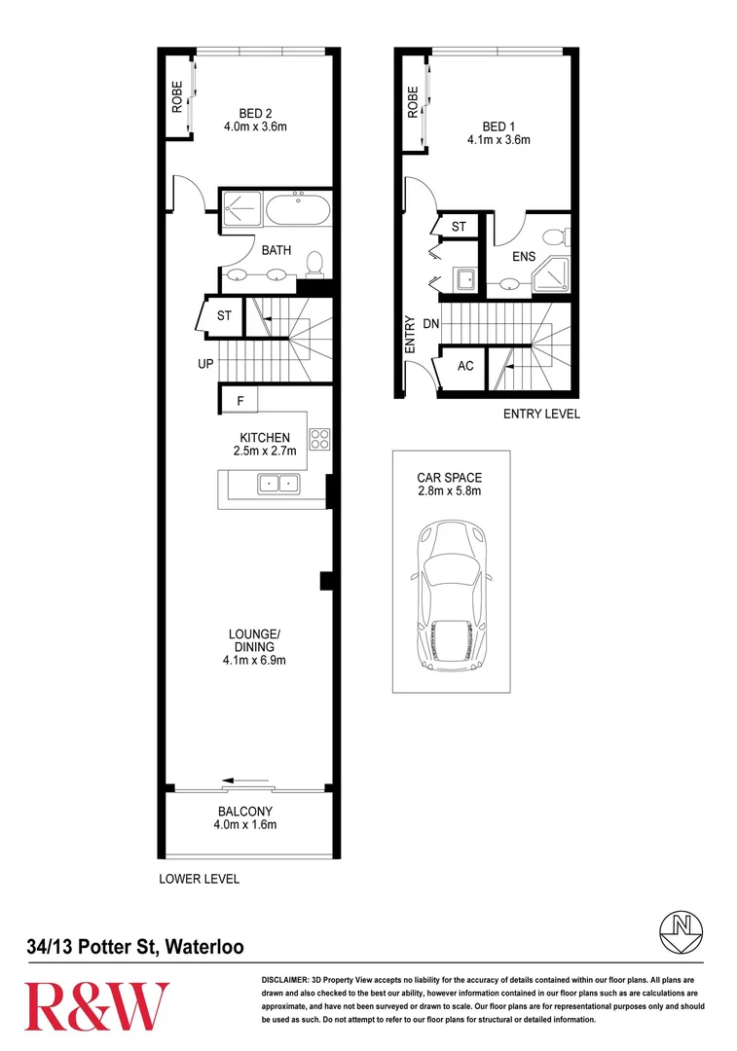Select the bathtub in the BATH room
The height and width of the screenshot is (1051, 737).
pos(298,210)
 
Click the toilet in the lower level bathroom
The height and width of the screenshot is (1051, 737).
pos(313,264)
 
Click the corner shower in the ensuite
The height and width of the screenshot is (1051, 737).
pos(551,274)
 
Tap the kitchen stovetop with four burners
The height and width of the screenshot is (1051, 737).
pos(319,439)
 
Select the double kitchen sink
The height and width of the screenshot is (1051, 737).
pos(279,483)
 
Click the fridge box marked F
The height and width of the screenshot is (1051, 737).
pos(239,400)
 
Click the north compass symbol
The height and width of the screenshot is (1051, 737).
pos(682,932)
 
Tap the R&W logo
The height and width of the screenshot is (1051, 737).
pos(97,1006)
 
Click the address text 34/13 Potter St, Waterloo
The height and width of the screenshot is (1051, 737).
pos(135,947)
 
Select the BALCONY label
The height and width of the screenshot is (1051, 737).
pos(245,811)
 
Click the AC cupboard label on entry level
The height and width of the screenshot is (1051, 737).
pos(465,366)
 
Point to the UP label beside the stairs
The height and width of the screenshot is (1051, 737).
pos(205,363)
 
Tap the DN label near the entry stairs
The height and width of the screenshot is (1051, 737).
pos(431,324)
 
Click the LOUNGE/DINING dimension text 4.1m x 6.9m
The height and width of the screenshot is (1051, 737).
pos(254,660)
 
